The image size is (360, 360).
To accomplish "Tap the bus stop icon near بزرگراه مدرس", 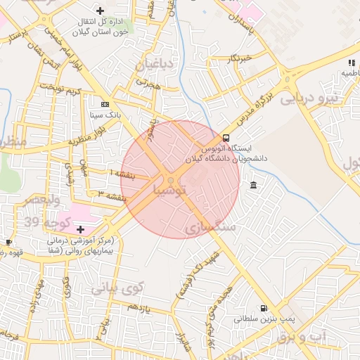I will [x=226, y=138].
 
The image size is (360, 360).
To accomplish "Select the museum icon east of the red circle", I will [x=253, y=185].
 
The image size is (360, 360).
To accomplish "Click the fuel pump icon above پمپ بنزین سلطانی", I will [x=264, y=308].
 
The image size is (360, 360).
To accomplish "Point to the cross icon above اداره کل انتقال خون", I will [x=101, y=11].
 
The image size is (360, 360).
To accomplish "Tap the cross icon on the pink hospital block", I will [x=80, y=229].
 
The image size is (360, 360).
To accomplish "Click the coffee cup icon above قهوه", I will [x=8, y=243].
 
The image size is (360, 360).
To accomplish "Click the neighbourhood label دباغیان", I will [x=155, y=65].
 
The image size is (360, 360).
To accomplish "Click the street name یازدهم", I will [x=139, y=307].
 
